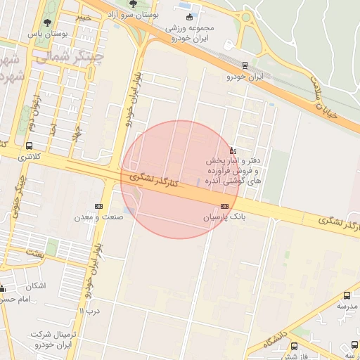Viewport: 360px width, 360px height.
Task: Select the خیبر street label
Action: (x=84, y=16)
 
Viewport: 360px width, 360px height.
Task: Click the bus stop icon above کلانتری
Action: (x=29, y=146)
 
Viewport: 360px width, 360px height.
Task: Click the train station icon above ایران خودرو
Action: (x=244, y=64)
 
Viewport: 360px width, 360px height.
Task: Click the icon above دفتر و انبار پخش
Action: (x=233, y=150)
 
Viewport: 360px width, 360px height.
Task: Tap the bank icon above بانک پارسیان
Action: (x=224, y=206)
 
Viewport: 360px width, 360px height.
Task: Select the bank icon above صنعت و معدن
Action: (x=98, y=206)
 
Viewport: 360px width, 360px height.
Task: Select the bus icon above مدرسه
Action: (x=347, y=296)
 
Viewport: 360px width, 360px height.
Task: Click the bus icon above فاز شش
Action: (x=294, y=346)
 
